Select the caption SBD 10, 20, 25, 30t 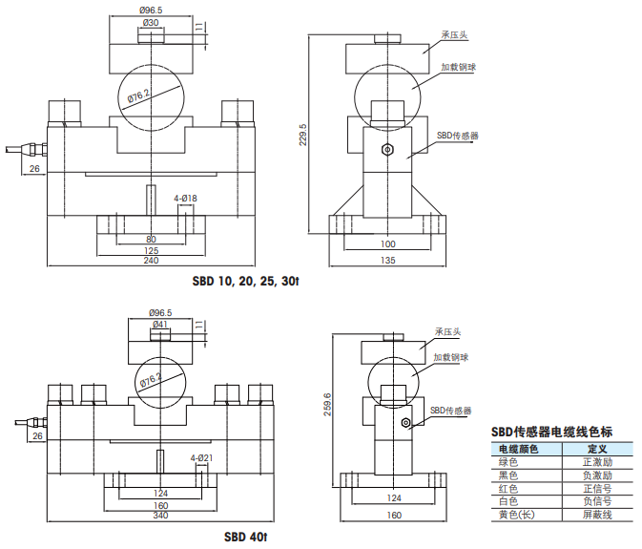(x=246, y=282)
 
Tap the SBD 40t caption (x=245, y=537)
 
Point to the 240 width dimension (x=151, y=261)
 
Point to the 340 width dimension (x=159, y=517)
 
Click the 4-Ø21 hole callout (x=201, y=458)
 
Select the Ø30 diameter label (x=151, y=22)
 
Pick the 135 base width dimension (x=387, y=260)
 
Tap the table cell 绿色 (x=507, y=462)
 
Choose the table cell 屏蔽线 (x=596, y=514)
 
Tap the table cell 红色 (x=507, y=488)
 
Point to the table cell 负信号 (x=596, y=500)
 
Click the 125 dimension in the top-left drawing (x=151, y=250)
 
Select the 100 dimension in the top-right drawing (x=387, y=244)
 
